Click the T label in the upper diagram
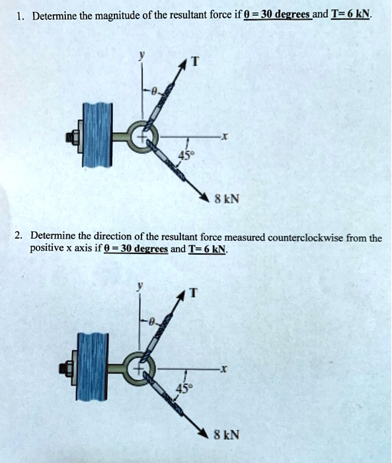194,62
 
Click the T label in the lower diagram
193,295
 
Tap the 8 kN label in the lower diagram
226,435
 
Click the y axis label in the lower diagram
139,288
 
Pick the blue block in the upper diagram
97,138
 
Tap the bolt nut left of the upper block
71,138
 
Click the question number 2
20,237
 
